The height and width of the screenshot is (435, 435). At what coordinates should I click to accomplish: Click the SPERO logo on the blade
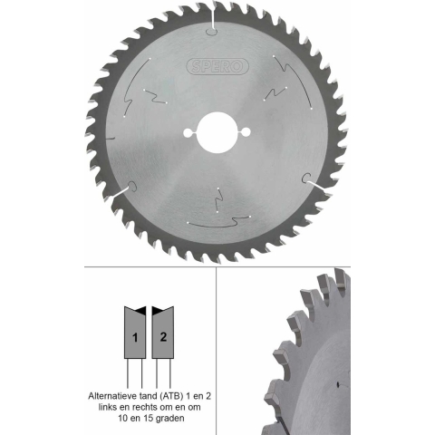point(217,66)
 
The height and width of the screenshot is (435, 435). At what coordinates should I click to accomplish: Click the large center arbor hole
point(217,132)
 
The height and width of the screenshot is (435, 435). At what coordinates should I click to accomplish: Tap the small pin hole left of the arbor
point(188,132)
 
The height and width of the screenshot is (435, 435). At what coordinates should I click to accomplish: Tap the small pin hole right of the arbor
point(246,132)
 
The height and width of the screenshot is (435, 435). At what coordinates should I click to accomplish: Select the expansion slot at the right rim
point(314,182)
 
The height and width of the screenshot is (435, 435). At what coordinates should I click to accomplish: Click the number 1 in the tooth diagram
point(135,337)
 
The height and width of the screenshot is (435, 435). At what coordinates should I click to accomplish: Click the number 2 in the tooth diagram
point(163,336)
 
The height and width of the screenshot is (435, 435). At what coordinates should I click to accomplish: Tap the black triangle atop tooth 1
point(141,310)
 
